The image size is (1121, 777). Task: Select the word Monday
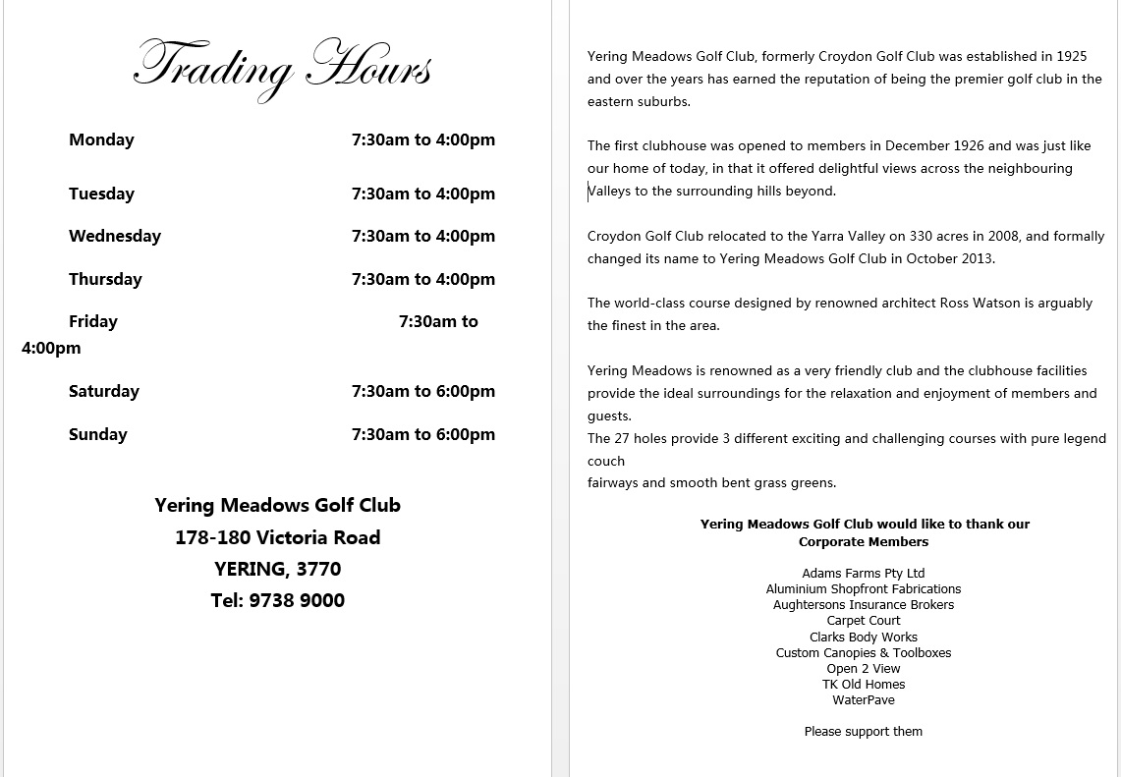point(101,139)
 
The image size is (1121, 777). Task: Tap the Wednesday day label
point(115,236)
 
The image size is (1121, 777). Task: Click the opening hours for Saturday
point(423,391)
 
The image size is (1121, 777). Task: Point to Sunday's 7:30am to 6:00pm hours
point(423,434)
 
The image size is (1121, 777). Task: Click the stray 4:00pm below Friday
point(51,348)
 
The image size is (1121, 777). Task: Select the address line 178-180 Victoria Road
point(277,537)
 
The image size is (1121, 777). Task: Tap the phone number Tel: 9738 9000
point(277,600)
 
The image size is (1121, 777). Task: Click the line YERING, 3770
point(277,569)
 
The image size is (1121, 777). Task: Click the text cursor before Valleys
point(589,192)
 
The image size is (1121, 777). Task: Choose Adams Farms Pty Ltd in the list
point(863,574)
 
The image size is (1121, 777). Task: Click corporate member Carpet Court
point(863,621)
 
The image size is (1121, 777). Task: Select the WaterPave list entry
point(863,700)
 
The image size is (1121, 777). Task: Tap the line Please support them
point(863,732)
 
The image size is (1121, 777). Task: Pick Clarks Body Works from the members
point(863,637)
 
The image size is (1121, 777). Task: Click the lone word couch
point(605,461)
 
